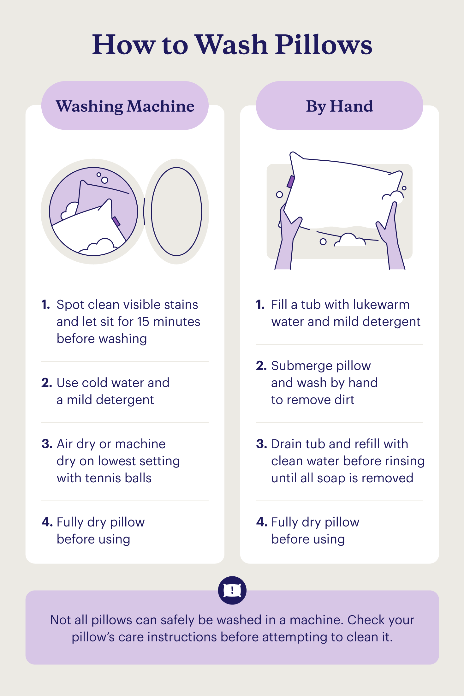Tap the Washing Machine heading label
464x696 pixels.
coord(125,106)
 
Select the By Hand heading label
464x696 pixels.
coord(339,106)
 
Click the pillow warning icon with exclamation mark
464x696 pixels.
coord(232,590)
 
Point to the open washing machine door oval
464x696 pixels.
coord(176,211)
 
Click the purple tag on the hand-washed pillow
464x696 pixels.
coord(290,182)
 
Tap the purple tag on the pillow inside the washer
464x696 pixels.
coord(116,221)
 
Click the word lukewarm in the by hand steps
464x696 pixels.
coord(381,305)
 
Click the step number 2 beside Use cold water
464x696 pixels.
coord(46,383)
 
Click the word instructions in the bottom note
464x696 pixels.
coord(182,637)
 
